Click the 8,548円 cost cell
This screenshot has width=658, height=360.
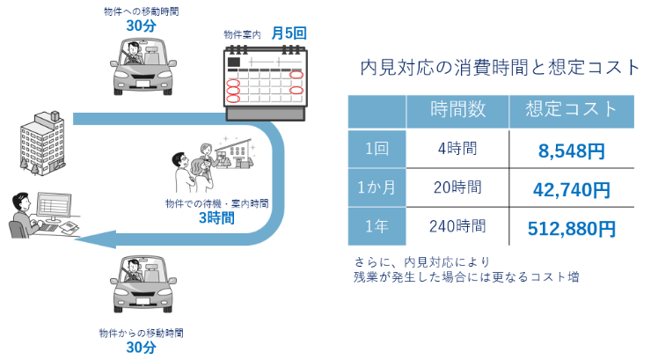point(572,151)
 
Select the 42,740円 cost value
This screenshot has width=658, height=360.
point(572,189)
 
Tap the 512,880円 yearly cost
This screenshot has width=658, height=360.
point(572,229)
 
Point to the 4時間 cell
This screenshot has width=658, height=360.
point(457,148)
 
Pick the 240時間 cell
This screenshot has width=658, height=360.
point(457,226)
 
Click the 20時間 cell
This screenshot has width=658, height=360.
point(457,187)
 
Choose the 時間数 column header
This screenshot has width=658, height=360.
point(457,110)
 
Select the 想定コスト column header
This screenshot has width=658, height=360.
point(572,109)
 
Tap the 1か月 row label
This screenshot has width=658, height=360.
point(377,187)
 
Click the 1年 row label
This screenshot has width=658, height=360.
point(377,226)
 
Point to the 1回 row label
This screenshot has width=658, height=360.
point(377,148)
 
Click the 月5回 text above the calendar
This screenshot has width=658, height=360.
point(289,33)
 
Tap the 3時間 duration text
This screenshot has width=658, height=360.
point(216,217)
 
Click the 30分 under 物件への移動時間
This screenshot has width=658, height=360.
point(141,26)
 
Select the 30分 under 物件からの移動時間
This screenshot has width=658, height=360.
point(141,348)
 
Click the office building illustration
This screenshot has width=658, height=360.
point(42,143)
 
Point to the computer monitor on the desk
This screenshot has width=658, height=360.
point(54,207)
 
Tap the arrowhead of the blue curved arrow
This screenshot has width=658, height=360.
point(95,239)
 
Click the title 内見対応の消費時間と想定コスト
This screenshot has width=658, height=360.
point(500,67)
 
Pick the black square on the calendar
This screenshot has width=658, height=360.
point(234,62)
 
